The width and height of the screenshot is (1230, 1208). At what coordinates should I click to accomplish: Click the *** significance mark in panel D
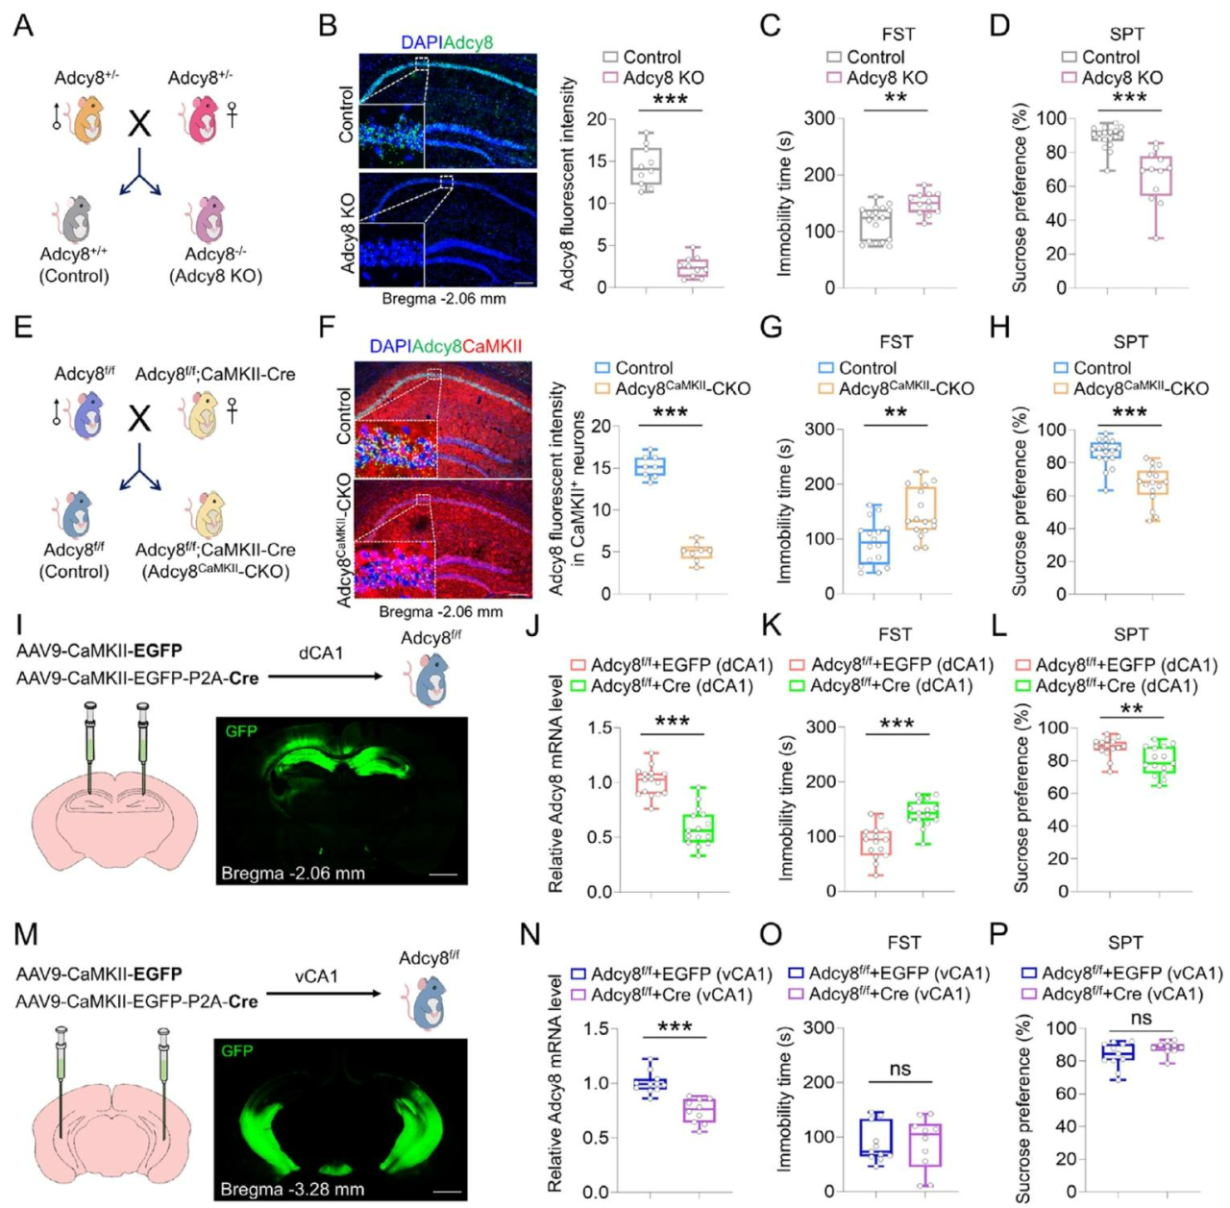[x=1129, y=99]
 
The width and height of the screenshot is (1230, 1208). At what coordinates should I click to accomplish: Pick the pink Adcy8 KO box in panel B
[x=692, y=266]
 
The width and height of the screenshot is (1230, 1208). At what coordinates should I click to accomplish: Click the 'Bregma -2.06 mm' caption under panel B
[x=444, y=298]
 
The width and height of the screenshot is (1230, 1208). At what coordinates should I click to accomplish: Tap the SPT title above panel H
[x=1131, y=342]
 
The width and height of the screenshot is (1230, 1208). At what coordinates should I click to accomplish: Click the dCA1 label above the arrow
[x=321, y=653]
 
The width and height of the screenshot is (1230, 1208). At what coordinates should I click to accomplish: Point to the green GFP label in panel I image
[x=241, y=731]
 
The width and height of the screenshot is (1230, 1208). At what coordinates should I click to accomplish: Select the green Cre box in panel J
[x=699, y=828]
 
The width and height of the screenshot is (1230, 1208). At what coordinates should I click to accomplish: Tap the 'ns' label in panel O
[x=899, y=1069]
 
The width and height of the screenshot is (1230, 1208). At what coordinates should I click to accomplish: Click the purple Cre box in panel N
[x=699, y=1109]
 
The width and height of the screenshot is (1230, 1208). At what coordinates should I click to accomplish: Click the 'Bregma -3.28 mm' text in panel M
[x=292, y=1190]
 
